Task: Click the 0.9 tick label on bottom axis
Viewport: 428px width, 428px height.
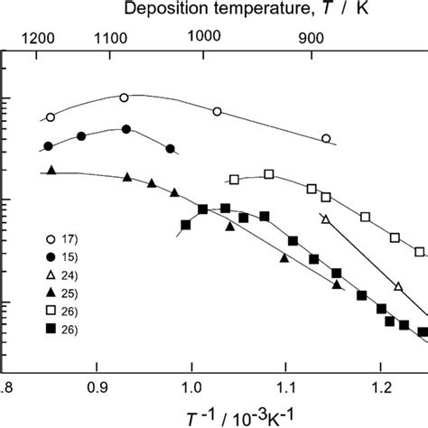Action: (97, 389)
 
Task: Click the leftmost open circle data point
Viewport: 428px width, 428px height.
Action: (51, 116)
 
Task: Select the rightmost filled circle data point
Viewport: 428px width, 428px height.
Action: (170, 148)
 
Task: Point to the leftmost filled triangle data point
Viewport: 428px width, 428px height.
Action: (51, 170)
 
